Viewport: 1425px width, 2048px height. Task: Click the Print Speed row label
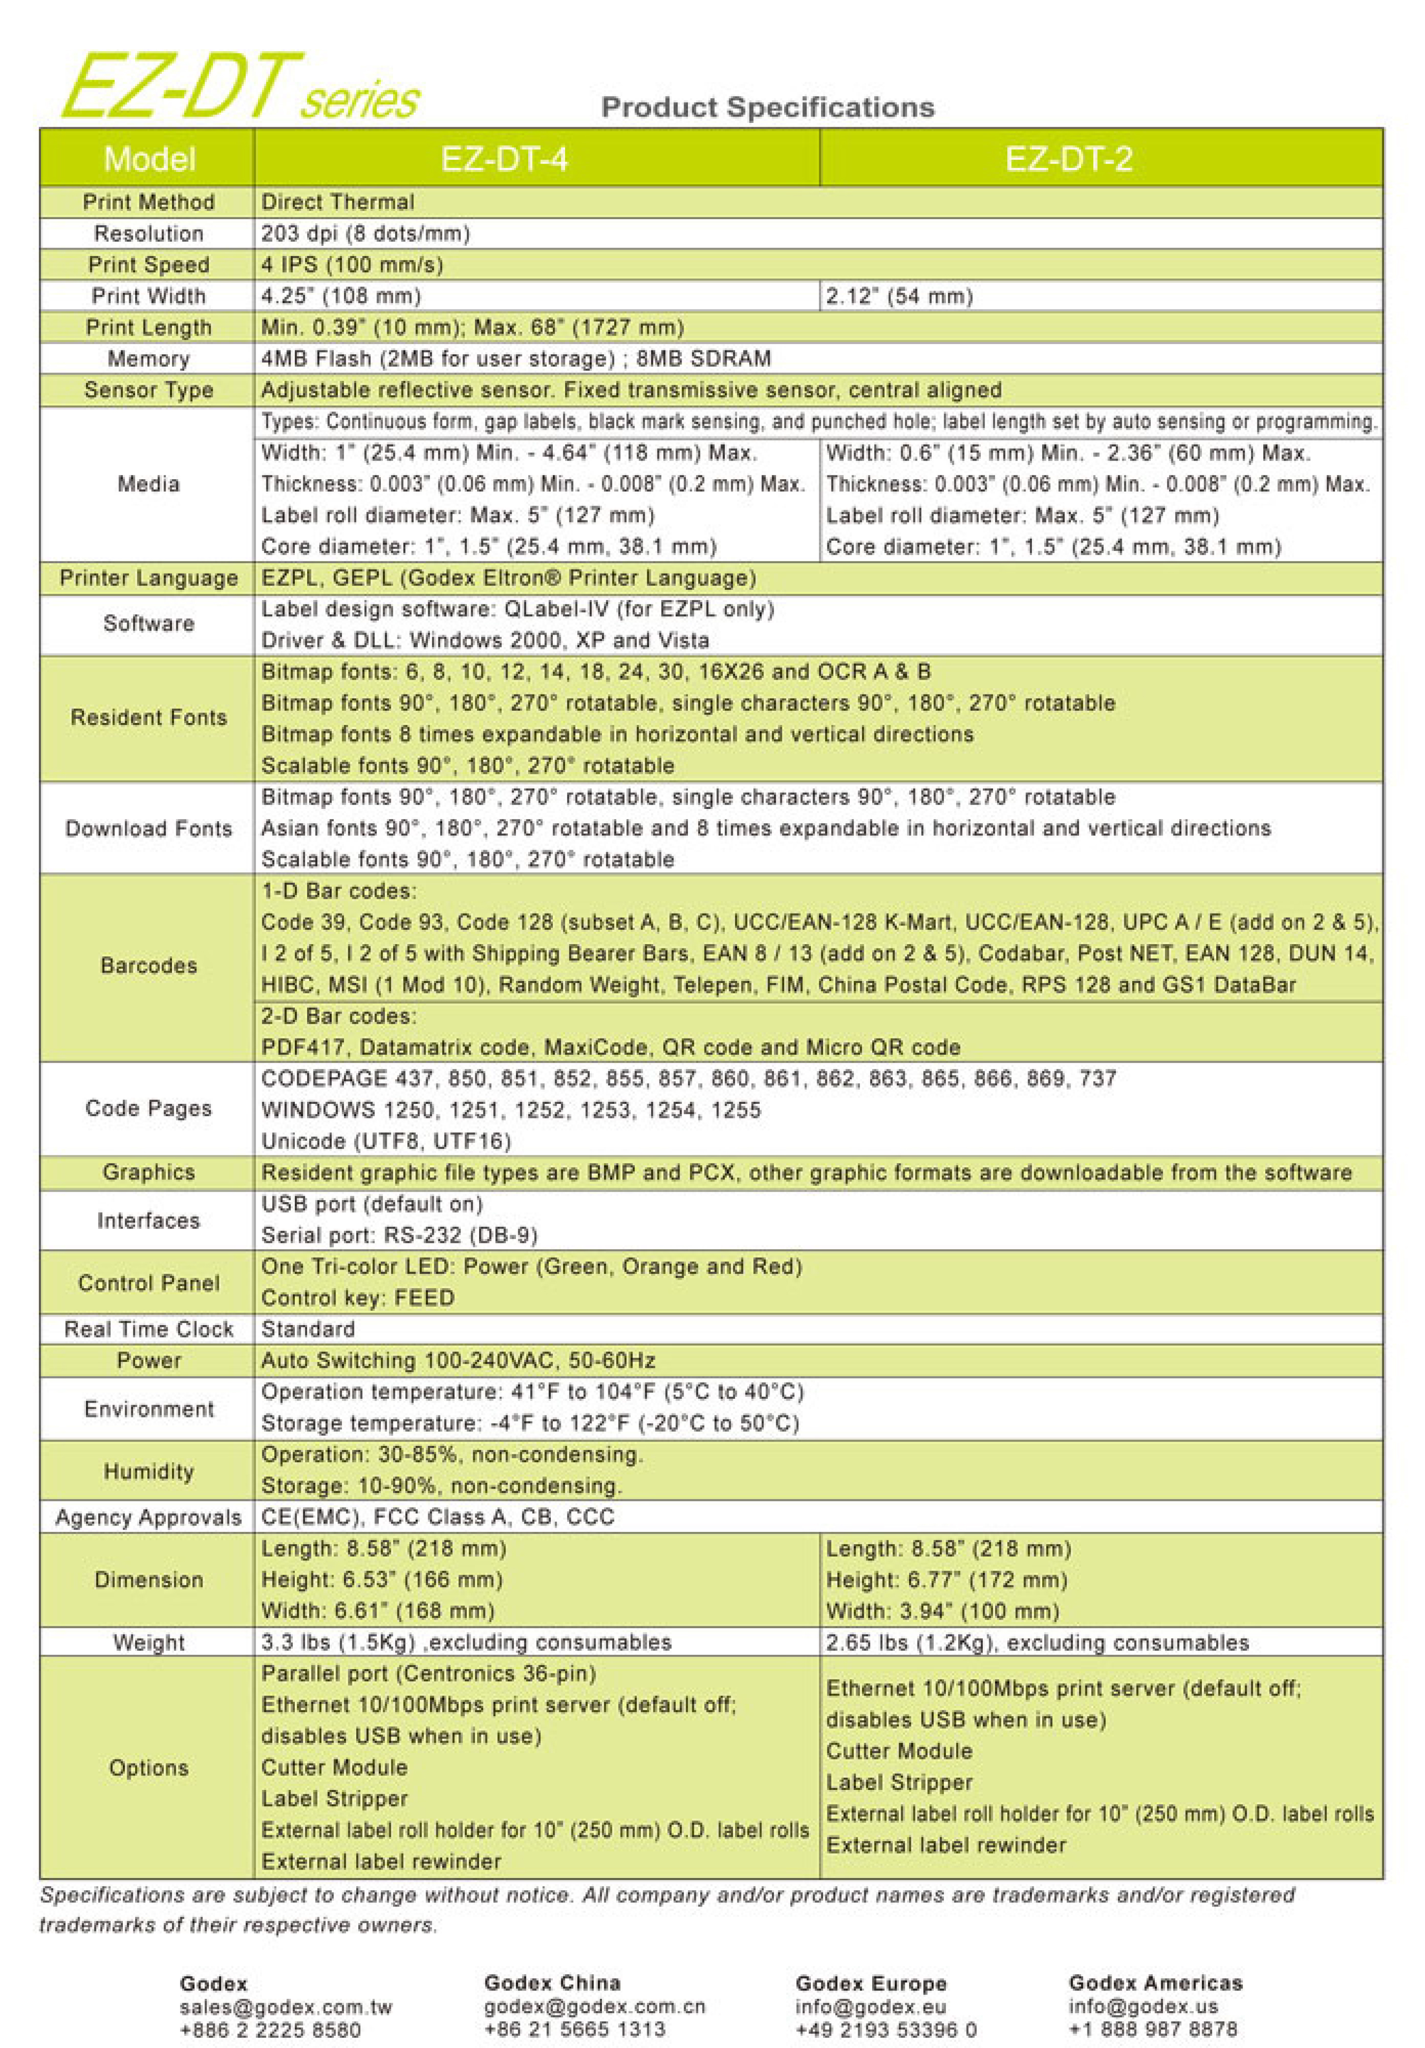coord(148,265)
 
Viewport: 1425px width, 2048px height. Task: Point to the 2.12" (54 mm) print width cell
coord(899,296)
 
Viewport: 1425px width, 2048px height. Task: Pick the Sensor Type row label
coord(148,390)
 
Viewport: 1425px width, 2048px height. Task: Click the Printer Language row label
coord(148,578)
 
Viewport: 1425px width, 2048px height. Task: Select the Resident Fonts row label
coord(148,717)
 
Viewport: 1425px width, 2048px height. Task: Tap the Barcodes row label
coord(148,965)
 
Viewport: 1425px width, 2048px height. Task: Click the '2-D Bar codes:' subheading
coord(339,1016)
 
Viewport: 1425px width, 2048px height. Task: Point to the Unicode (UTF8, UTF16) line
coord(385,1141)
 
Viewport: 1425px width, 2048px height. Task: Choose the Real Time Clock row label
coord(148,1329)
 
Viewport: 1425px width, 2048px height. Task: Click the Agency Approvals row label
coord(148,1517)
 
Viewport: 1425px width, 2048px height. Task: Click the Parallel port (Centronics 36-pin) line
coord(428,1673)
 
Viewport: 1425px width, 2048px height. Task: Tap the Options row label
coord(148,1767)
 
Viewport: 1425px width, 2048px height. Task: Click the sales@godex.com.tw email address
coord(285,2007)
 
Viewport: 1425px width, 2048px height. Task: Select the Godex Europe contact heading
coord(870,1984)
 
